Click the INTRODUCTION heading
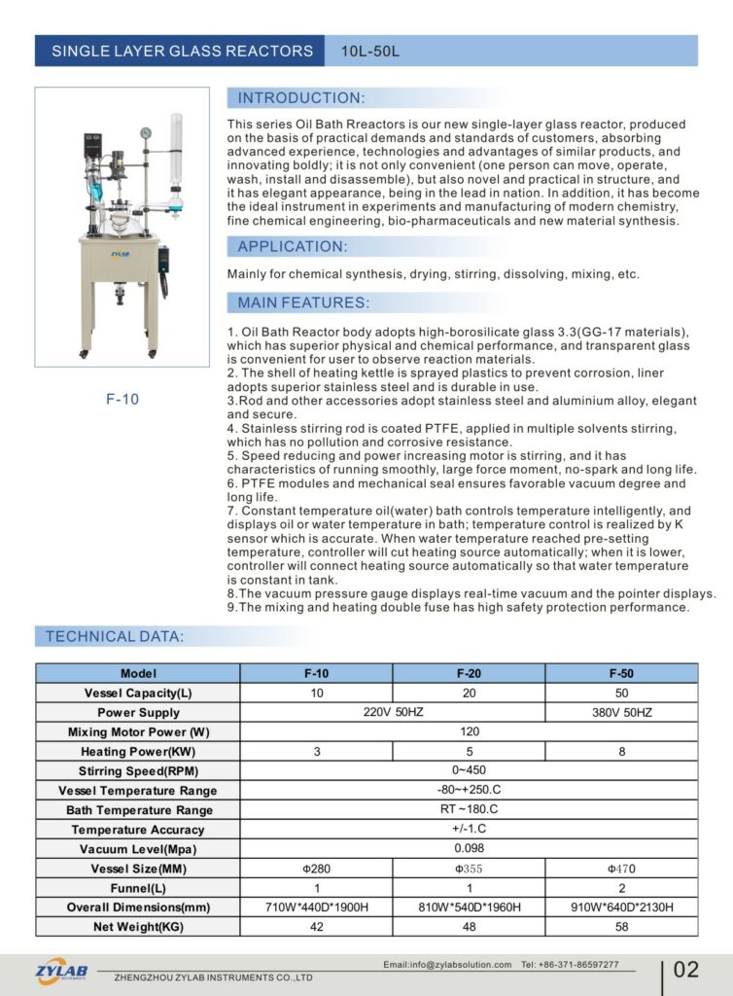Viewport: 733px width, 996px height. pos(301,98)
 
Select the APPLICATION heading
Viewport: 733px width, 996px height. pos(292,246)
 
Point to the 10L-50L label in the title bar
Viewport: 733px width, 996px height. pos(370,51)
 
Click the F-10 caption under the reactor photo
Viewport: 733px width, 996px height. pos(122,399)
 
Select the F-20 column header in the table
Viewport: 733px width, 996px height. pos(469,673)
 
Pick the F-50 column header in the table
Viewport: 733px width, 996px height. pos(621,673)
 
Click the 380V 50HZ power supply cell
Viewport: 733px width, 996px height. pos(621,713)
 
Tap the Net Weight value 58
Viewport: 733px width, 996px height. pos(621,927)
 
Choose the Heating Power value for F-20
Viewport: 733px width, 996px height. pos(469,752)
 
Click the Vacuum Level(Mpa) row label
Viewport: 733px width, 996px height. pos(137,849)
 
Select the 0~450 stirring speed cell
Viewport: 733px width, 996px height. pos(469,771)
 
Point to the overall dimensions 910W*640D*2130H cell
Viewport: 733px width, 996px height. pos(621,907)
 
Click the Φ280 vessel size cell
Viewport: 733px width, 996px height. pos(316,869)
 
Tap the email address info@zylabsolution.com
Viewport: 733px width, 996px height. pos(447,965)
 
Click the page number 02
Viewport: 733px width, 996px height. pos(685,970)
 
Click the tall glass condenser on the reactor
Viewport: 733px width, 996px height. pos(176,151)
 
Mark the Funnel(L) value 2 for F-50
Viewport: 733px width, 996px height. pos(621,888)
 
